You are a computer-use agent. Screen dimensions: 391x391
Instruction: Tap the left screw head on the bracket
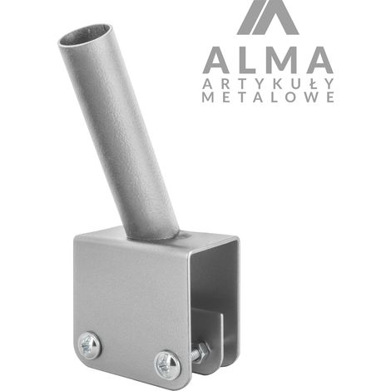(89, 345)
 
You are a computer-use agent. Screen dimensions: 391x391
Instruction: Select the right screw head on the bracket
(167, 365)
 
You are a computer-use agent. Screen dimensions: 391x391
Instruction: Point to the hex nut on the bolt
(202, 352)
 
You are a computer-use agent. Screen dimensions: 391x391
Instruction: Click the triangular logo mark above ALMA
(268, 17)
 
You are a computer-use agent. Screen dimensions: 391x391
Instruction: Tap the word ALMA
(268, 60)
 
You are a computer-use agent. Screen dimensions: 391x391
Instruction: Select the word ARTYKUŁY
(268, 83)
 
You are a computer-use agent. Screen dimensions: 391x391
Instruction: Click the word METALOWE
(268, 97)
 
